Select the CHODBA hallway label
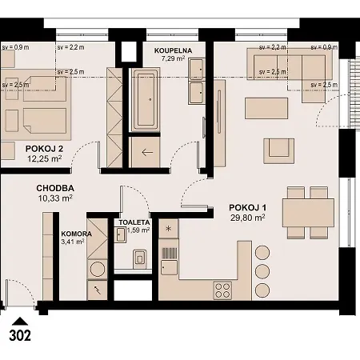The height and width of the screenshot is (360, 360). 55,189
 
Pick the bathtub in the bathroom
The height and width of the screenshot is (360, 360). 146,100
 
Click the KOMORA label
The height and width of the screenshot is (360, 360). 76,234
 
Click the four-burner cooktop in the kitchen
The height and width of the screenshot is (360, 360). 222,289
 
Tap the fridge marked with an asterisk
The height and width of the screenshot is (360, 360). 169,228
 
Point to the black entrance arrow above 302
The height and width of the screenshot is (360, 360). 19,320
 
